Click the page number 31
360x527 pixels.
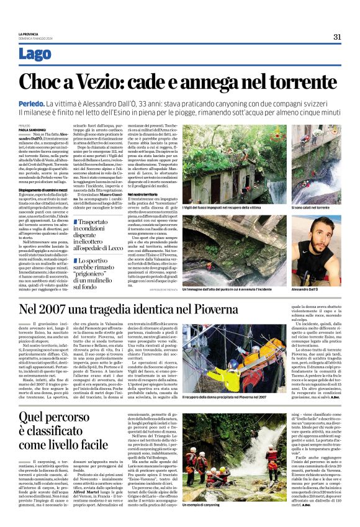337,37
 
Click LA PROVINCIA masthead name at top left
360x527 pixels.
29,34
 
